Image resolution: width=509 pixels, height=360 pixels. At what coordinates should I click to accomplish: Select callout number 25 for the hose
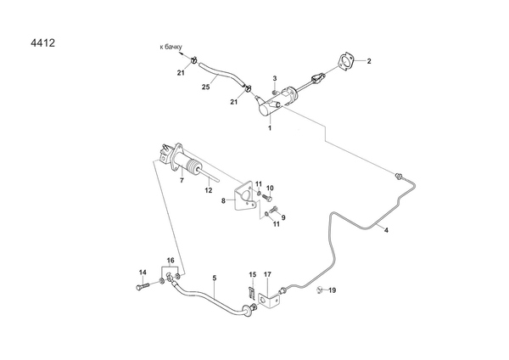pyautogui.click(x=206, y=87)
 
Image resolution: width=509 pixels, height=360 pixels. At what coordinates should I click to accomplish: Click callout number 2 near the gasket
pyautogui.click(x=369, y=61)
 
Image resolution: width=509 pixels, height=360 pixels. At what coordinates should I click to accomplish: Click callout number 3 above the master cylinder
pyautogui.click(x=275, y=79)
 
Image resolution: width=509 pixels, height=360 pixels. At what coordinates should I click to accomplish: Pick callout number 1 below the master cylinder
pyautogui.click(x=270, y=127)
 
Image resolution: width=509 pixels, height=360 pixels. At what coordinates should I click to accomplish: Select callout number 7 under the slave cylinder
pyautogui.click(x=181, y=180)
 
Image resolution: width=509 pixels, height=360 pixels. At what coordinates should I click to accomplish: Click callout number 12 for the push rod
pyautogui.click(x=208, y=191)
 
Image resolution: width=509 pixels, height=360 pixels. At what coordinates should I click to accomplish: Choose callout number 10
pyautogui.click(x=270, y=188)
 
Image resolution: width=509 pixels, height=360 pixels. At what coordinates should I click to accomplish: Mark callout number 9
pyautogui.click(x=282, y=217)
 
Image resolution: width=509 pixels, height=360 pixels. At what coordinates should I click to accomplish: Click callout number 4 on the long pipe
pyautogui.click(x=386, y=230)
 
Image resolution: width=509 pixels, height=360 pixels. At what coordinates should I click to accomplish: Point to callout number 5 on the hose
pyautogui.click(x=215, y=278)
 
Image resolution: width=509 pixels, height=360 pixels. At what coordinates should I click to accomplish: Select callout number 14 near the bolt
pyautogui.click(x=142, y=272)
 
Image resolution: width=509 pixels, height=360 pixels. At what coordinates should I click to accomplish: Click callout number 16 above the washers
pyautogui.click(x=170, y=260)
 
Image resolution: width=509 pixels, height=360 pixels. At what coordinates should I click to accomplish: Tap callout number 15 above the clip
pyautogui.click(x=252, y=273)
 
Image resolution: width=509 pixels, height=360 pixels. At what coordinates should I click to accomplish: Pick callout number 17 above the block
pyautogui.click(x=267, y=273)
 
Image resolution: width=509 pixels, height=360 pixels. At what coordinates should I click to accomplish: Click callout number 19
pyautogui.click(x=333, y=290)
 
